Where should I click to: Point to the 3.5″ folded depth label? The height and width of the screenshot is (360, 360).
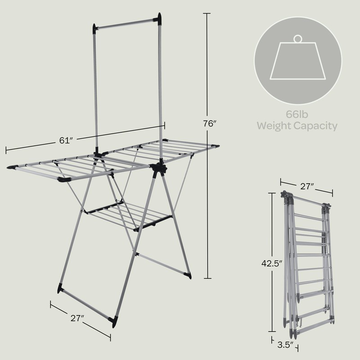285,345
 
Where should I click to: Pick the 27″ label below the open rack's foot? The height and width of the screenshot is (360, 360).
77,318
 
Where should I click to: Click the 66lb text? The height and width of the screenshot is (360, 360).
297,115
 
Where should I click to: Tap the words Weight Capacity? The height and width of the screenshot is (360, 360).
297,126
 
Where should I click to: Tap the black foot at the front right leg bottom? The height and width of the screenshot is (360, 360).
114,321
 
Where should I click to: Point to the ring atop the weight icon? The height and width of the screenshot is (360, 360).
297,40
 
